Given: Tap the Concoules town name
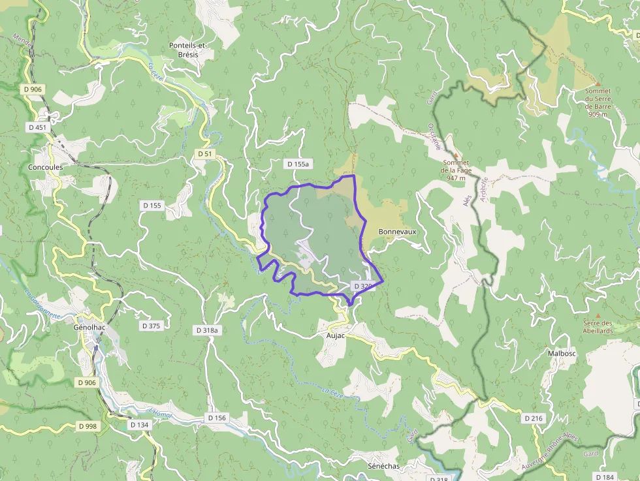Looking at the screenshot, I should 46,167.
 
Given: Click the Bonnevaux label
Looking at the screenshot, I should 397,232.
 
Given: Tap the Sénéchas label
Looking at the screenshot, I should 383,467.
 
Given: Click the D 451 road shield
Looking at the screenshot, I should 37,127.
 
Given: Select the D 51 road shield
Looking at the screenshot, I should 205,153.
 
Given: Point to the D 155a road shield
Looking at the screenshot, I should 297,164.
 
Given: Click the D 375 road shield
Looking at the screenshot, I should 151,325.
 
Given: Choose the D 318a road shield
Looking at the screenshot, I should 207,331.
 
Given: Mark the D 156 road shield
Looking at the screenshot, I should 216,418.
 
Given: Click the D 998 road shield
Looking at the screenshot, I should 87,426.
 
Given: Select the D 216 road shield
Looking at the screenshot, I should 534,418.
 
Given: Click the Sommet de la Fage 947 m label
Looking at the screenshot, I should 456,170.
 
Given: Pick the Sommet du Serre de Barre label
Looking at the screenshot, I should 598,102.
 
